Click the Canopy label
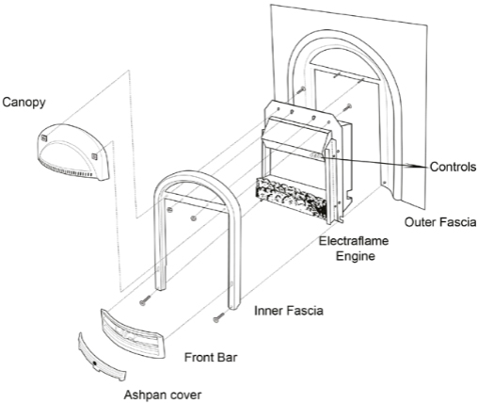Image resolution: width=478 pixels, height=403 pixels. click(x=24, y=103)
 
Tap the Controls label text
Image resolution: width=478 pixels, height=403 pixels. click(x=453, y=167)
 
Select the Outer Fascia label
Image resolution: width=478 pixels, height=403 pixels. click(x=439, y=222)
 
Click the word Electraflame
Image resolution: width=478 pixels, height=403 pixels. click(x=354, y=241)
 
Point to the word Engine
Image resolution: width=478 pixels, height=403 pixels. click(x=356, y=256)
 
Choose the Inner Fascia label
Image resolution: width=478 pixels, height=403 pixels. click(x=289, y=311)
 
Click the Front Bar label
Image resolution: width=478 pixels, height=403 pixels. click(x=211, y=358)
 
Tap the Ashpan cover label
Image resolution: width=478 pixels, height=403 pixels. click(x=163, y=395)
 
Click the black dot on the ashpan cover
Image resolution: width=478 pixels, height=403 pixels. click(x=94, y=363)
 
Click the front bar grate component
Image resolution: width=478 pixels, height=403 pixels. click(x=133, y=333)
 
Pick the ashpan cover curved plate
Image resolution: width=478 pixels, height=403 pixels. click(x=101, y=358)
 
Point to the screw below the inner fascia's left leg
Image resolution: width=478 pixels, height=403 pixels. click(x=145, y=299)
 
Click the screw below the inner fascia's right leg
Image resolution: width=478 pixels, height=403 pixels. click(x=219, y=316)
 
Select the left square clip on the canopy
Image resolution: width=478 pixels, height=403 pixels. click(x=43, y=137)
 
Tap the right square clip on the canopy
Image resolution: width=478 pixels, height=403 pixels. click(x=94, y=156)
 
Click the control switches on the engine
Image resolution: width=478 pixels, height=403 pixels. click(x=315, y=154)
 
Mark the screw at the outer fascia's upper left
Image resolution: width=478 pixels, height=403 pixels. click(x=301, y=89)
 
